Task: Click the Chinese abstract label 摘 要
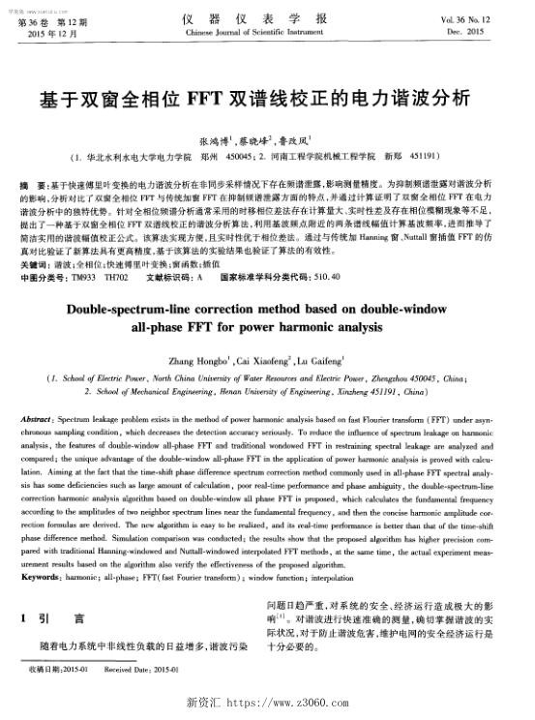coord(36,183)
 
